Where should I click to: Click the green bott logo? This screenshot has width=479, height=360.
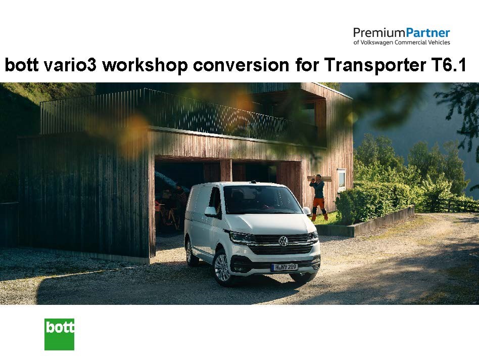59,334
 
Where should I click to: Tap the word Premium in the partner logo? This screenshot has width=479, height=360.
379,33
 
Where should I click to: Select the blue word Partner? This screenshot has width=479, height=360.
427,33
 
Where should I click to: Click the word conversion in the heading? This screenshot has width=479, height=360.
241,65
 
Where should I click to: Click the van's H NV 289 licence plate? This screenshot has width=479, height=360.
284,267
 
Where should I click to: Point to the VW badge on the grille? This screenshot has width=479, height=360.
283,241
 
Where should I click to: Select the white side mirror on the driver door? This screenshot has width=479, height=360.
211,211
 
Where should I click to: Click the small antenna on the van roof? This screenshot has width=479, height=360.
253,182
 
